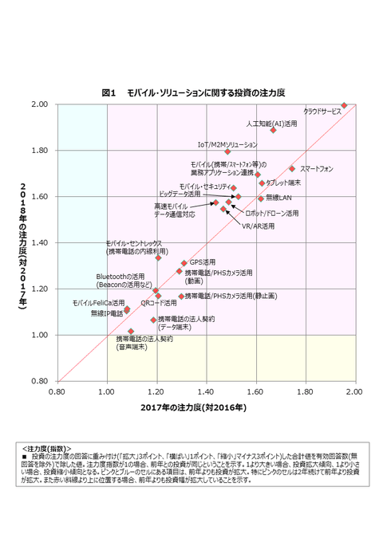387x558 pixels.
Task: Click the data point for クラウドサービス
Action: [x=344, y=104]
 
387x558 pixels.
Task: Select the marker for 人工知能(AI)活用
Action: [x=273, y=130]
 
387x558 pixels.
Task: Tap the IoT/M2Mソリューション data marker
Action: [x=227, y=151]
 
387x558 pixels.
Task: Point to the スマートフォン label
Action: [x=316, y=169]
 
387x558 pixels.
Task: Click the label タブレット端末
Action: [x=282, y=183]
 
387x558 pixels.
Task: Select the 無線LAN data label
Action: [x=279, y=197]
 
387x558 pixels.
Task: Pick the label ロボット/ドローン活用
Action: [x=271, y=214]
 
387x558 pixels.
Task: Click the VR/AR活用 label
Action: [x=258, y=226]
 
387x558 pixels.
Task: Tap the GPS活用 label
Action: [x=202, y=261]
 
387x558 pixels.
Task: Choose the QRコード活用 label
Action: [x=159, y=303]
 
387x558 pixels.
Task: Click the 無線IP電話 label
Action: [x=107, y=313]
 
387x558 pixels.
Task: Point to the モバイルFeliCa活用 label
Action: [x=98, y=303]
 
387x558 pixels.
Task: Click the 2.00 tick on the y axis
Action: [x=41, y=104]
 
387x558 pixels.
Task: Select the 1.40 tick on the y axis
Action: [x=41, y=243]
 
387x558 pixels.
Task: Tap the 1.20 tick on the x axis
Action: [x=156, y=391]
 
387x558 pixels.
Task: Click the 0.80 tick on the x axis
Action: [x=57, y=391]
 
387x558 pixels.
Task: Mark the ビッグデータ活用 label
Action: [x=180, y=194]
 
